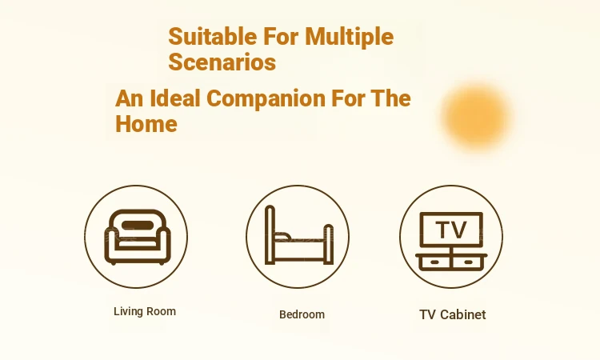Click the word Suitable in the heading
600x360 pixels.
pyautogui.click(x=213, y=36)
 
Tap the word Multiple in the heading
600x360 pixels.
pyautogui.click(x=350, y=37)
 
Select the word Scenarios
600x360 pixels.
pyautogui.click(x=222, y=62)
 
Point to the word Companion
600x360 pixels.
pyautogui.click(x=266, y=98)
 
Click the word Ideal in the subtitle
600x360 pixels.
pyautogui.click(x=175, y=98)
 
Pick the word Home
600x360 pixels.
pyautogui.click(x=146, y=124)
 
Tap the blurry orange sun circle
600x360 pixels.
pyautogui.click(x=477, y=116)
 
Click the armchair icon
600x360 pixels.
pyautogui.click(x=138, y=237)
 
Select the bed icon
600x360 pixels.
pyautogui.click(x=299, y=235)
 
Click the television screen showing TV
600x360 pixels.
pyautogui.click(x=451, y=230)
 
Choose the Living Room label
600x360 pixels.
pyautogui.click(x=145, y=311)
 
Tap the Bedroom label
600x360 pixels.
pyautogui.click(x=302, y=314)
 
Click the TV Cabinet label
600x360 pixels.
pyautogui.click(x=453, y=314)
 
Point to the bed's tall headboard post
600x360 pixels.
pyautogui.click(x=270, y=234)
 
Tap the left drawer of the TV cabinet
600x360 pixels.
pyautogui.click(x=434, y=262)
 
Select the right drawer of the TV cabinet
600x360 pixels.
pyautogui.click(x=468, y=262)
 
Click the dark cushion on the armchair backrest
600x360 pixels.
pyautogui.click(x=138, y=226)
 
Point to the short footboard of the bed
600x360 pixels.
pyautogui.click(x=329, y=244)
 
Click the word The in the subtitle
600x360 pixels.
pyautogui.click(x=390, y=98)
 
